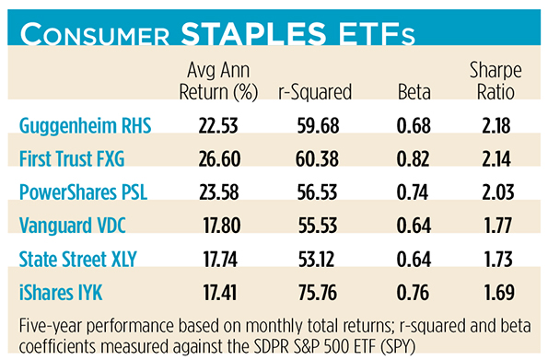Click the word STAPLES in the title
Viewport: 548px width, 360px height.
tap(253, 33)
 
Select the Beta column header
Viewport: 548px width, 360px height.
tap(414, 92)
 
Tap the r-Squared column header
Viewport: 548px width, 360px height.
tap(315, 92)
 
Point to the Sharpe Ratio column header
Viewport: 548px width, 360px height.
tap(496, 81)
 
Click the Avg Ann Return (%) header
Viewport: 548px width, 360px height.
tap(218, 81)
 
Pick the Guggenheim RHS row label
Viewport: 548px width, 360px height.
tap(86, 126)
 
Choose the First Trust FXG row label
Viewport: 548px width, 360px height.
tap(72, 158)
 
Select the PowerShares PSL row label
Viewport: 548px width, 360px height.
tap(83, 192)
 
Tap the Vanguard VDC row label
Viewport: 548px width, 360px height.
tap(73, 226)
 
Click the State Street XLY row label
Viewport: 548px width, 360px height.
tap(77, 259)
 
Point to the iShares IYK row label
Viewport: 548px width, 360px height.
tap(61, 292)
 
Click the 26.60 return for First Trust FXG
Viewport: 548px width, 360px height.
tap(219, 159)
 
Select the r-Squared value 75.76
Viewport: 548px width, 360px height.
tap(318, 293)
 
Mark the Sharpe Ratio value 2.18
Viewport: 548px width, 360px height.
tap(496, 126)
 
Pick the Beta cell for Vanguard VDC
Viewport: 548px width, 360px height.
tap(414, 226)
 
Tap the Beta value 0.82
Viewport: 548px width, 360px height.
tap(413, 159)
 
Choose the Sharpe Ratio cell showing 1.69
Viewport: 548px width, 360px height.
tap(499, 293)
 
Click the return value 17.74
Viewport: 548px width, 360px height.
tap(220, 260)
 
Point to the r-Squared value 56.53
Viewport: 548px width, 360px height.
tap(318, 192)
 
